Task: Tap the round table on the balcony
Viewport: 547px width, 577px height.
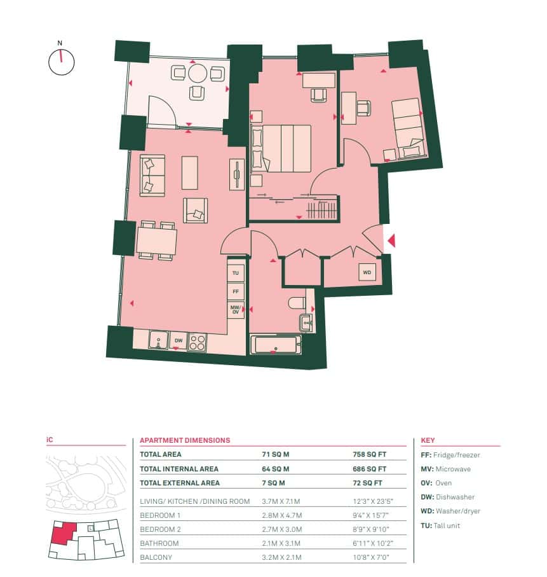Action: (x=198, y=73)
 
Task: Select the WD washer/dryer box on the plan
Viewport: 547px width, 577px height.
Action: (x=367, y=272)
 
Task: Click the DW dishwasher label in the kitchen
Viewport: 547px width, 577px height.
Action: (x=179, y=341)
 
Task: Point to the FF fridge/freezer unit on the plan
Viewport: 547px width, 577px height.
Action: (x=236, y=291)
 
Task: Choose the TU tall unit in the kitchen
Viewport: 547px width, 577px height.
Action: (x=236, y=273)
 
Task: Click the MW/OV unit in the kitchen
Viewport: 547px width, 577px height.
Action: (x=236, y=309)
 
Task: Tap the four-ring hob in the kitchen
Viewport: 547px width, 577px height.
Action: (x=197, y=342)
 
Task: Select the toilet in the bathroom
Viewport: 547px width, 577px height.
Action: (x=297, y=303)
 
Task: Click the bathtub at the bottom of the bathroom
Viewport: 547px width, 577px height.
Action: (x=276, y=345)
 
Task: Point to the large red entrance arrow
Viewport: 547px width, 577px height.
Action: (x=391, y=240)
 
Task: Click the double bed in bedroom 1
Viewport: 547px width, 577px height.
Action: (x=281, y=148)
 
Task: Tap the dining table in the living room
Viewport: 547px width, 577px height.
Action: (x=156, y=240)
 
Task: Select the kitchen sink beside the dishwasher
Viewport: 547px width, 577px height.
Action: (x=158, y=340)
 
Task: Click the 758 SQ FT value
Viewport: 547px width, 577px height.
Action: (x=370, y=454)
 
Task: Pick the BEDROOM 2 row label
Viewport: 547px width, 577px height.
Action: (x=160, y=529)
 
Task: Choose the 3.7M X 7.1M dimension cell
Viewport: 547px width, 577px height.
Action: (x=281, y=501)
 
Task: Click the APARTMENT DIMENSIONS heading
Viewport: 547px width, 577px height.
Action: (x=185, y=440)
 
